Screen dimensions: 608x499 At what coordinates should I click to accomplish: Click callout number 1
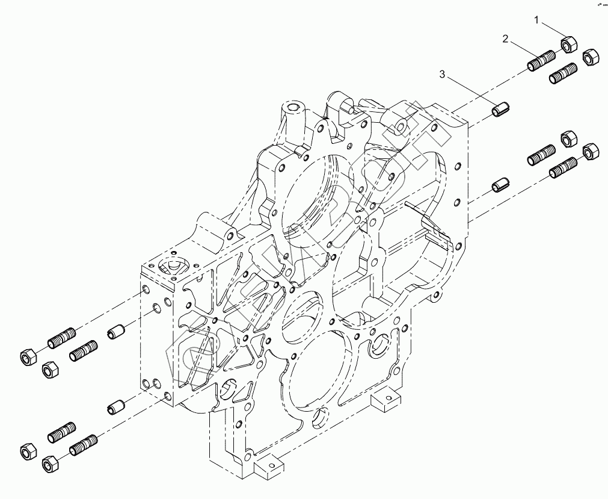click(x=538, y=20)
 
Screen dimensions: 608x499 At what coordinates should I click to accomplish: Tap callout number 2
click(x=506, y=39)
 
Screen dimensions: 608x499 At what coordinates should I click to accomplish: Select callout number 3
click(x=443, y=75)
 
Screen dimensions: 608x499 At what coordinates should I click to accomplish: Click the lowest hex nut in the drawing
click(x=50, y=465)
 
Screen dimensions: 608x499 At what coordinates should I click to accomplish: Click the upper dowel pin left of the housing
click(x=118, y=330)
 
